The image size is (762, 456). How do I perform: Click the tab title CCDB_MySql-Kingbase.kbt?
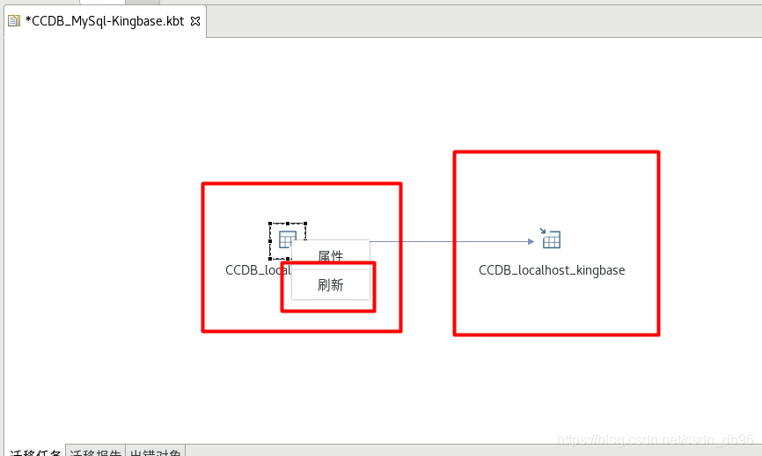point(105,21)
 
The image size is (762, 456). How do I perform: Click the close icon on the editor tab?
point(195,21)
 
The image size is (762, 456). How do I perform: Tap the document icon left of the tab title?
point(14,21)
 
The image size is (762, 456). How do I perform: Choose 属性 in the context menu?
point(330,256)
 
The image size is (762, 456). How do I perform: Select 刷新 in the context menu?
point(330,284)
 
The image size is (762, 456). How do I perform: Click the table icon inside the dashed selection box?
point(287,239)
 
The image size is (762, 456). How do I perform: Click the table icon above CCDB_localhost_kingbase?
point(551,239)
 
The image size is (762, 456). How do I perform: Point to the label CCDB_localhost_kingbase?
point(552,270)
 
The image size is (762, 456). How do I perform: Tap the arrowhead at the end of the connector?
point(531,240)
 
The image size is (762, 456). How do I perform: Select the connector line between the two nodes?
point(449,240)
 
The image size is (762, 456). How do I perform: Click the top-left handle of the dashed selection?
point(271,224)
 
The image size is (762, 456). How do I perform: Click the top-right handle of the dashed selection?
point(304,224)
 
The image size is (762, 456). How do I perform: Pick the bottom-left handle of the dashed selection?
point(271,257)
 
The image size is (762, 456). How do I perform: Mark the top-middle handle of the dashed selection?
point(288,224)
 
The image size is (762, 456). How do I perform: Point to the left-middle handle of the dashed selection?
point(271,240)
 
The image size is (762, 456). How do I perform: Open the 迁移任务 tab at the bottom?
point(35,451)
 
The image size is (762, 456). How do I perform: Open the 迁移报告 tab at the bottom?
point(96,451)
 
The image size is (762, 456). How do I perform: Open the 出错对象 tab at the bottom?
point(156,451)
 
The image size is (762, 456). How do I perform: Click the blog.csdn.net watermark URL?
point(656,439)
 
